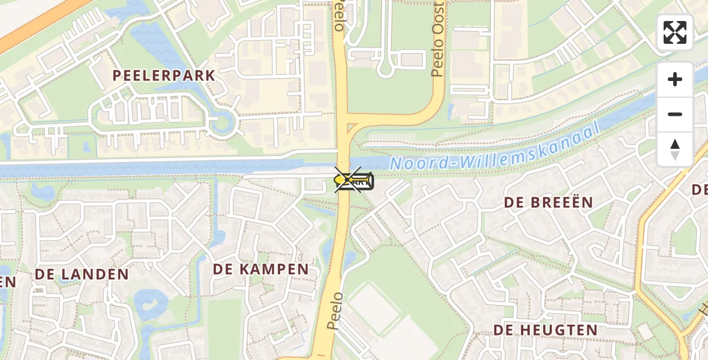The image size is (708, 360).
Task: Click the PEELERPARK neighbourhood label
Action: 164,76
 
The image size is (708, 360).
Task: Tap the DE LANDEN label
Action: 82,274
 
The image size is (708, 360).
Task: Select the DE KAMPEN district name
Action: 260,269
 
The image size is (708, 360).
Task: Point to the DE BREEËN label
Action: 548,202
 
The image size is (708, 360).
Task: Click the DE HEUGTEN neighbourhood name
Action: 545,329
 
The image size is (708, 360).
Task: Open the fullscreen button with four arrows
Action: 675,32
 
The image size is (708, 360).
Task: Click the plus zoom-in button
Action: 675,79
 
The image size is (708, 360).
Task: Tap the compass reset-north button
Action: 675,149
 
